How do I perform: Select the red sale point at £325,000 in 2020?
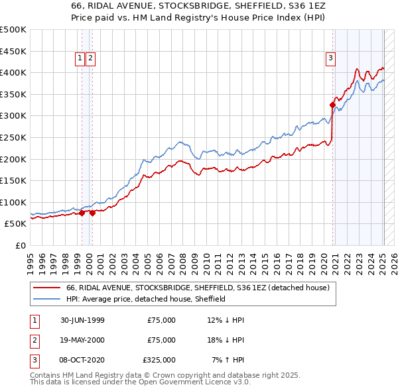tap(332, 104)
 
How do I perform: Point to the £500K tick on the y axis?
tap(13, 30)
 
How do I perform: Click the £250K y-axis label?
tap(13, 137)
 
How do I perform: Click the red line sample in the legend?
tap(46, 288)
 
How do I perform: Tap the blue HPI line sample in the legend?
tap(46, 299)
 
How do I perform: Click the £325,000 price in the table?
tap(159, 360)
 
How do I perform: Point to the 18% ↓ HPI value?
tap(225, 340)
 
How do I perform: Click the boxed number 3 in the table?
tap(34, 360)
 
